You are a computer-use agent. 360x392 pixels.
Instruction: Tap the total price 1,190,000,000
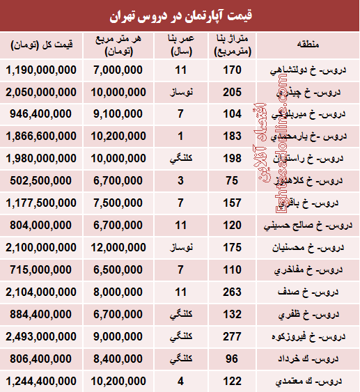pos(40,70)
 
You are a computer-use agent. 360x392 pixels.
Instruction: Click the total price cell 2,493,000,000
pos(40,337)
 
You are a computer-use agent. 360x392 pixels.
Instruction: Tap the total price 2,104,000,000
pos(40,292)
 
